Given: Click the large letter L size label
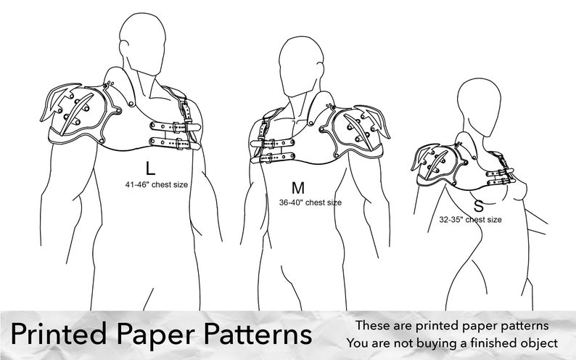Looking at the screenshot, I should (x=150, y=168).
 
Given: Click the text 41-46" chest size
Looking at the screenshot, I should (x=156, y=184).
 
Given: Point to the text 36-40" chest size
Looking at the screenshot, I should (x=310, y=202).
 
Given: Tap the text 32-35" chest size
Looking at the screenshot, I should (x=470, y=218).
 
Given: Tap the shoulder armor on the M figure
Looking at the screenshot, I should (x=355, y=131).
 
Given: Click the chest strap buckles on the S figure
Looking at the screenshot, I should (x=501, y=175).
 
